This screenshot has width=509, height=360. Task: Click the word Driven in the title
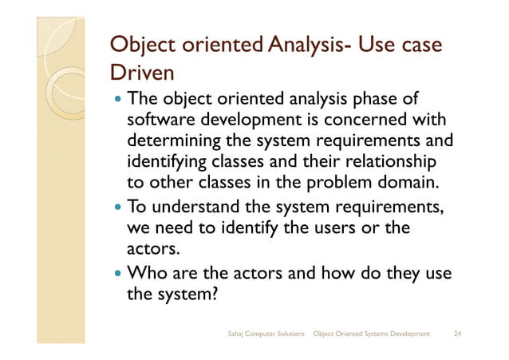tap(141, 74)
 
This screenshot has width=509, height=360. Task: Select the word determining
tap(175, 141)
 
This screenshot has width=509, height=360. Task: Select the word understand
tap(198, 208)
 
